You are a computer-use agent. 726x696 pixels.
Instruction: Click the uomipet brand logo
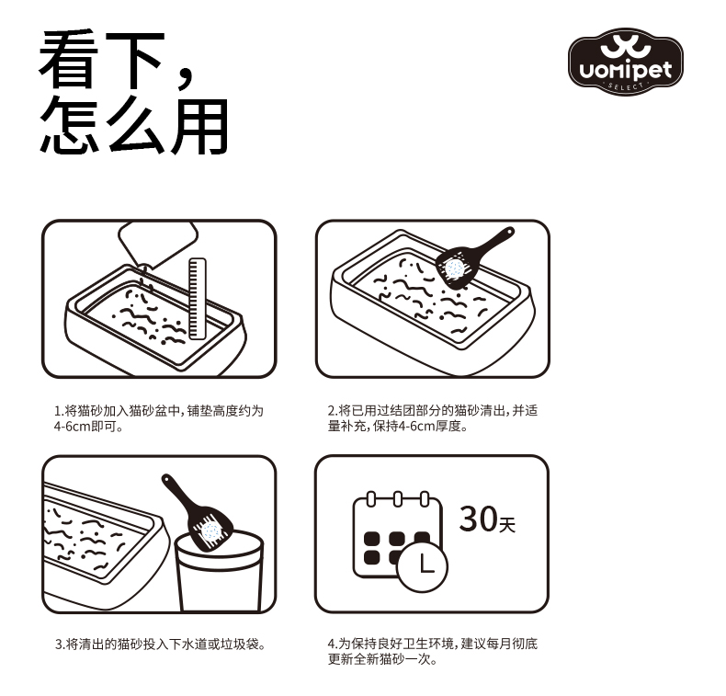tap(626, 61)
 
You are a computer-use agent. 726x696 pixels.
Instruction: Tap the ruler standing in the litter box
tap(197, 298)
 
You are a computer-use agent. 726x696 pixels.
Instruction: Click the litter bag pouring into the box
tap(157, 244)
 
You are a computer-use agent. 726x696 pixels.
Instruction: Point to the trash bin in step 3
tap(220, 572)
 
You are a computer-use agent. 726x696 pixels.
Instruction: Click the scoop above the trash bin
tap(197, 512)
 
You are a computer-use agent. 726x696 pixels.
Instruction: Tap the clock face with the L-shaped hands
tap(423, 566)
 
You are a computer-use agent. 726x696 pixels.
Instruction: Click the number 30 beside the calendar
tap(478, 519)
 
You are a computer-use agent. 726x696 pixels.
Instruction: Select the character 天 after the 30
tap(507, 525)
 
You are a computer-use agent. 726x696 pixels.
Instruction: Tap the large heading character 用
tap(199, 126)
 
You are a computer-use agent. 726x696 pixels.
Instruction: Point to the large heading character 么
tap(136, 125)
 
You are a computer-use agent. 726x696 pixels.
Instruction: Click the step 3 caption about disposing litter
tap(160, 645)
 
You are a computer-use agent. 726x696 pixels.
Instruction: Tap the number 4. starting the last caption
tap(333, 644)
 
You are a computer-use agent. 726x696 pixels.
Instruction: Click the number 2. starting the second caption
tap(333, 411)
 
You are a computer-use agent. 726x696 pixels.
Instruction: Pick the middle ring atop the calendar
tap(398, 499)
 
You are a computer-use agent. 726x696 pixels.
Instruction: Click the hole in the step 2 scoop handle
tap(510, 231)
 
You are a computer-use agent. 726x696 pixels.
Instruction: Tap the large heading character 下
tap(135, 60)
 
